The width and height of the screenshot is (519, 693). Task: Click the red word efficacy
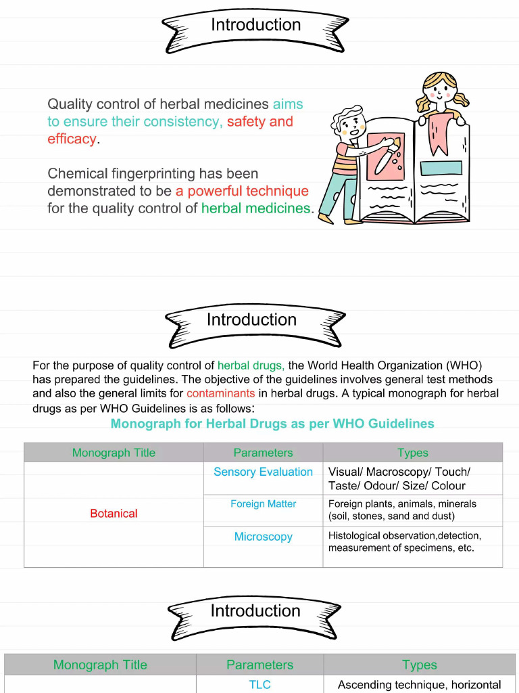72,139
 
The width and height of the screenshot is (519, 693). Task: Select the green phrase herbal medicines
256,208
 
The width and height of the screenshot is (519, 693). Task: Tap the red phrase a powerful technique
243,191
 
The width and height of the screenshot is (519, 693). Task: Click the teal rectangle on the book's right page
441,169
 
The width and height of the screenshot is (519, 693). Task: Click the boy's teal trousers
338,196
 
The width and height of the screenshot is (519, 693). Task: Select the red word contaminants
221,393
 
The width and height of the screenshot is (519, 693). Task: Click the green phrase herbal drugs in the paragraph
250,365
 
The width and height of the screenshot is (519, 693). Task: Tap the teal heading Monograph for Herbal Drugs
272,424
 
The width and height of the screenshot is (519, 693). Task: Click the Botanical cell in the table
114,514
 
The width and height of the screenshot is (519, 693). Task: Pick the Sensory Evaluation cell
263,472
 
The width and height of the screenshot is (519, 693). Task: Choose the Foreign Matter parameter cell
263,504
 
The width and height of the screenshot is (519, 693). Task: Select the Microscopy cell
263,537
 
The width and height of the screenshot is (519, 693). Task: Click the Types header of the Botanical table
413,453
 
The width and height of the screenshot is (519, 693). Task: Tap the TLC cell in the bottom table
259,685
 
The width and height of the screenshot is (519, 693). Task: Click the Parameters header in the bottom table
259,665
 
